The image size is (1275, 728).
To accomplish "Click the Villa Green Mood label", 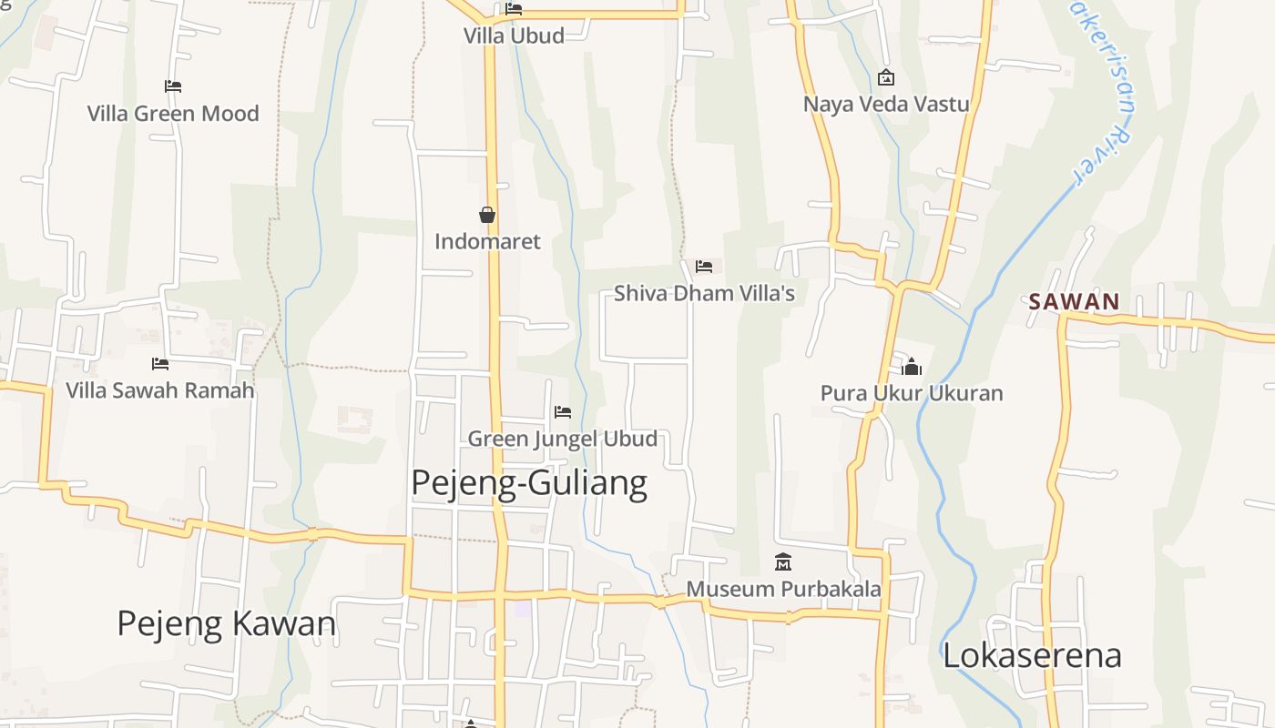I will click(x=173, y=114).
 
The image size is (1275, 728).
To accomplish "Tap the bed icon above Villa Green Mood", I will click(x=173, y=86).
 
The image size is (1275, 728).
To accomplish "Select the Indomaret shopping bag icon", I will click(x=487, y=215).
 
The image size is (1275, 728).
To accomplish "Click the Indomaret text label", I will click(x=487, y=241).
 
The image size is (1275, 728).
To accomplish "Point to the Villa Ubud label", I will click(x=514, y=35).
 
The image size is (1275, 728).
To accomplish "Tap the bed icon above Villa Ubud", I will click(x=514, y=9).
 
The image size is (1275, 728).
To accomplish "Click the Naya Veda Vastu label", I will click(x=886, y=104).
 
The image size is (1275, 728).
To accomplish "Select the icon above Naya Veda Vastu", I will click(x=885, y=78).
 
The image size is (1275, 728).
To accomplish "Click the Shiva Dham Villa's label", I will click(x=704, y=293).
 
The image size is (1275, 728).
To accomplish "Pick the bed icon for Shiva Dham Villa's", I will click(x=704, y=267).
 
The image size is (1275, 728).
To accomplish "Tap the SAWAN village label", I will click(x=1074, y=302).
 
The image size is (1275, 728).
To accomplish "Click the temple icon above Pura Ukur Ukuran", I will click(x=912, y=367).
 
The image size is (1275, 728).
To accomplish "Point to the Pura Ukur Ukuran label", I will click(x=912, y=393).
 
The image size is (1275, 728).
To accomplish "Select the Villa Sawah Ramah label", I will click(x=159, y=390).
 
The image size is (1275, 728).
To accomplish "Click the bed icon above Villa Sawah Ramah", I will click(x=160, y=364).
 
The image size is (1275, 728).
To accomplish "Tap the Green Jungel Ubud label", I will click(x=562, y=439).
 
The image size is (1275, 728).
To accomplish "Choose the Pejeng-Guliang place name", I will click(x=529, y=482).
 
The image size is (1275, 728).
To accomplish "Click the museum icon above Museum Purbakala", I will click(x=783, y=562).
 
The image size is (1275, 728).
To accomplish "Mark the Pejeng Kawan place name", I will click(x=227, y=623).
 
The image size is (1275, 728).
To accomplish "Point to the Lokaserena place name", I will click(x=1032, y=655).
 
